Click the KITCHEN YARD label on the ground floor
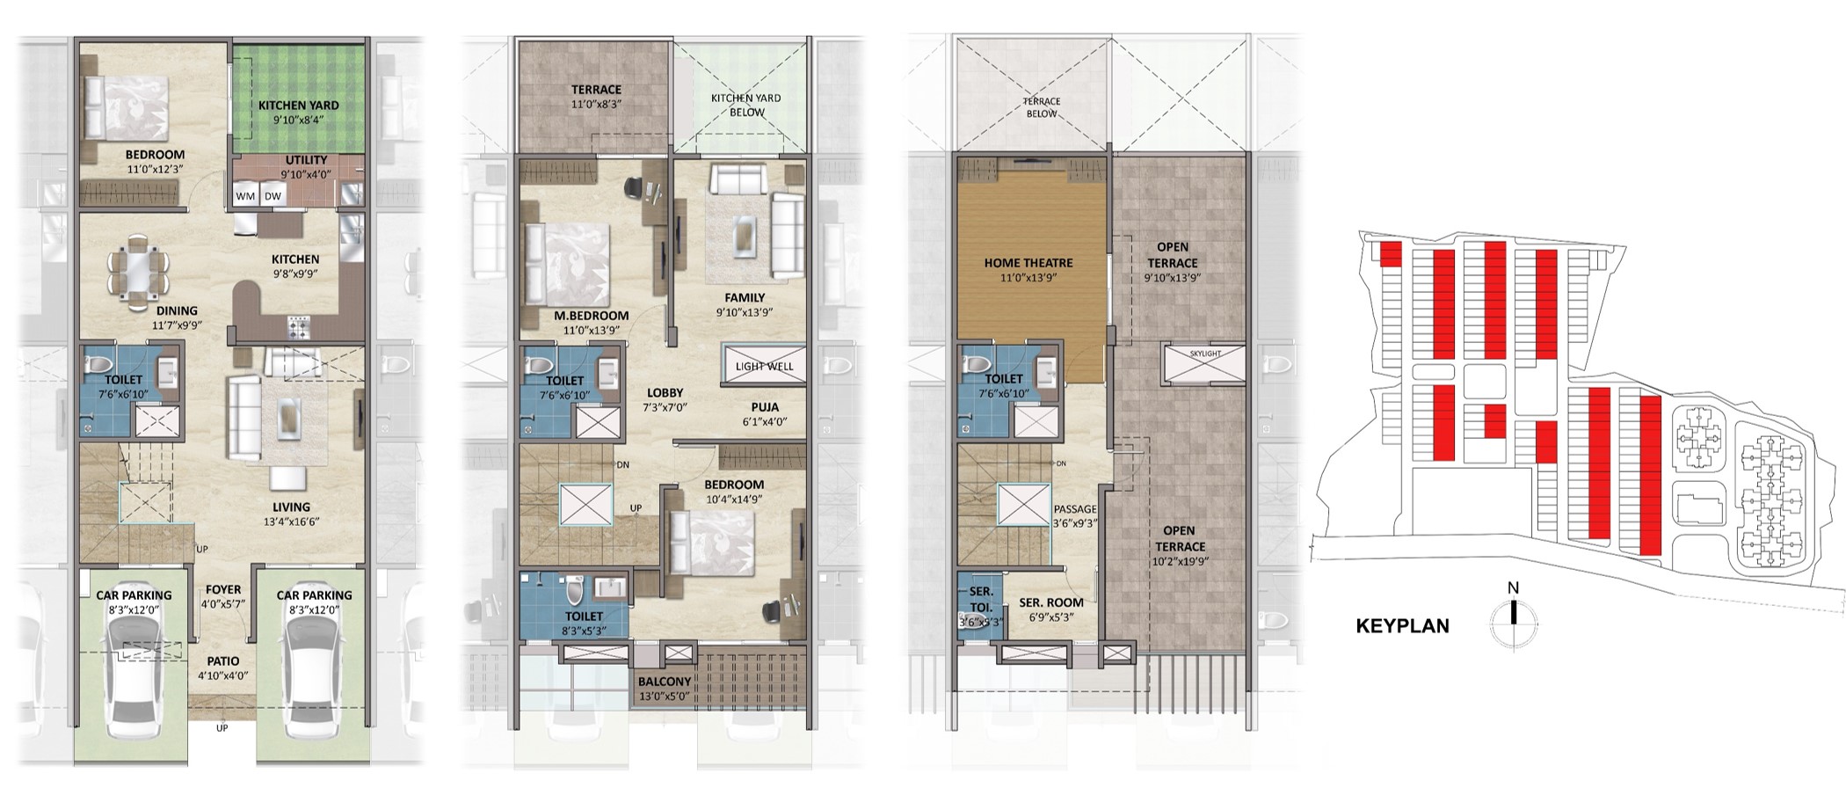click(x=298, y=106)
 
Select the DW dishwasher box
click(x=273, y=196)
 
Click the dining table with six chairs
click(x=138, y=272)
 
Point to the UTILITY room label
click(x=306, y=160)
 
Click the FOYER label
click(x=223, y=590)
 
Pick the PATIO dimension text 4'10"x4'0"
click(x=223, y=676)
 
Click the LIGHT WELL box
click(x=763, y=364)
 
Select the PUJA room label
click(x=763, y=407)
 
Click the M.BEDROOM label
click(x=591, y=316)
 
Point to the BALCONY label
click(x=665, y=682)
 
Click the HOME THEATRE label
click(x=1028, y=263)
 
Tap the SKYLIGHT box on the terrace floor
click(x=1204, y=364)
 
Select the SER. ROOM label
click(x=1051, y=603)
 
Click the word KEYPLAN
click(x=1403, y=626)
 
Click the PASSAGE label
click(x=1075, y=509)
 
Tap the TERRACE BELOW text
click(x=1042, y=107)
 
